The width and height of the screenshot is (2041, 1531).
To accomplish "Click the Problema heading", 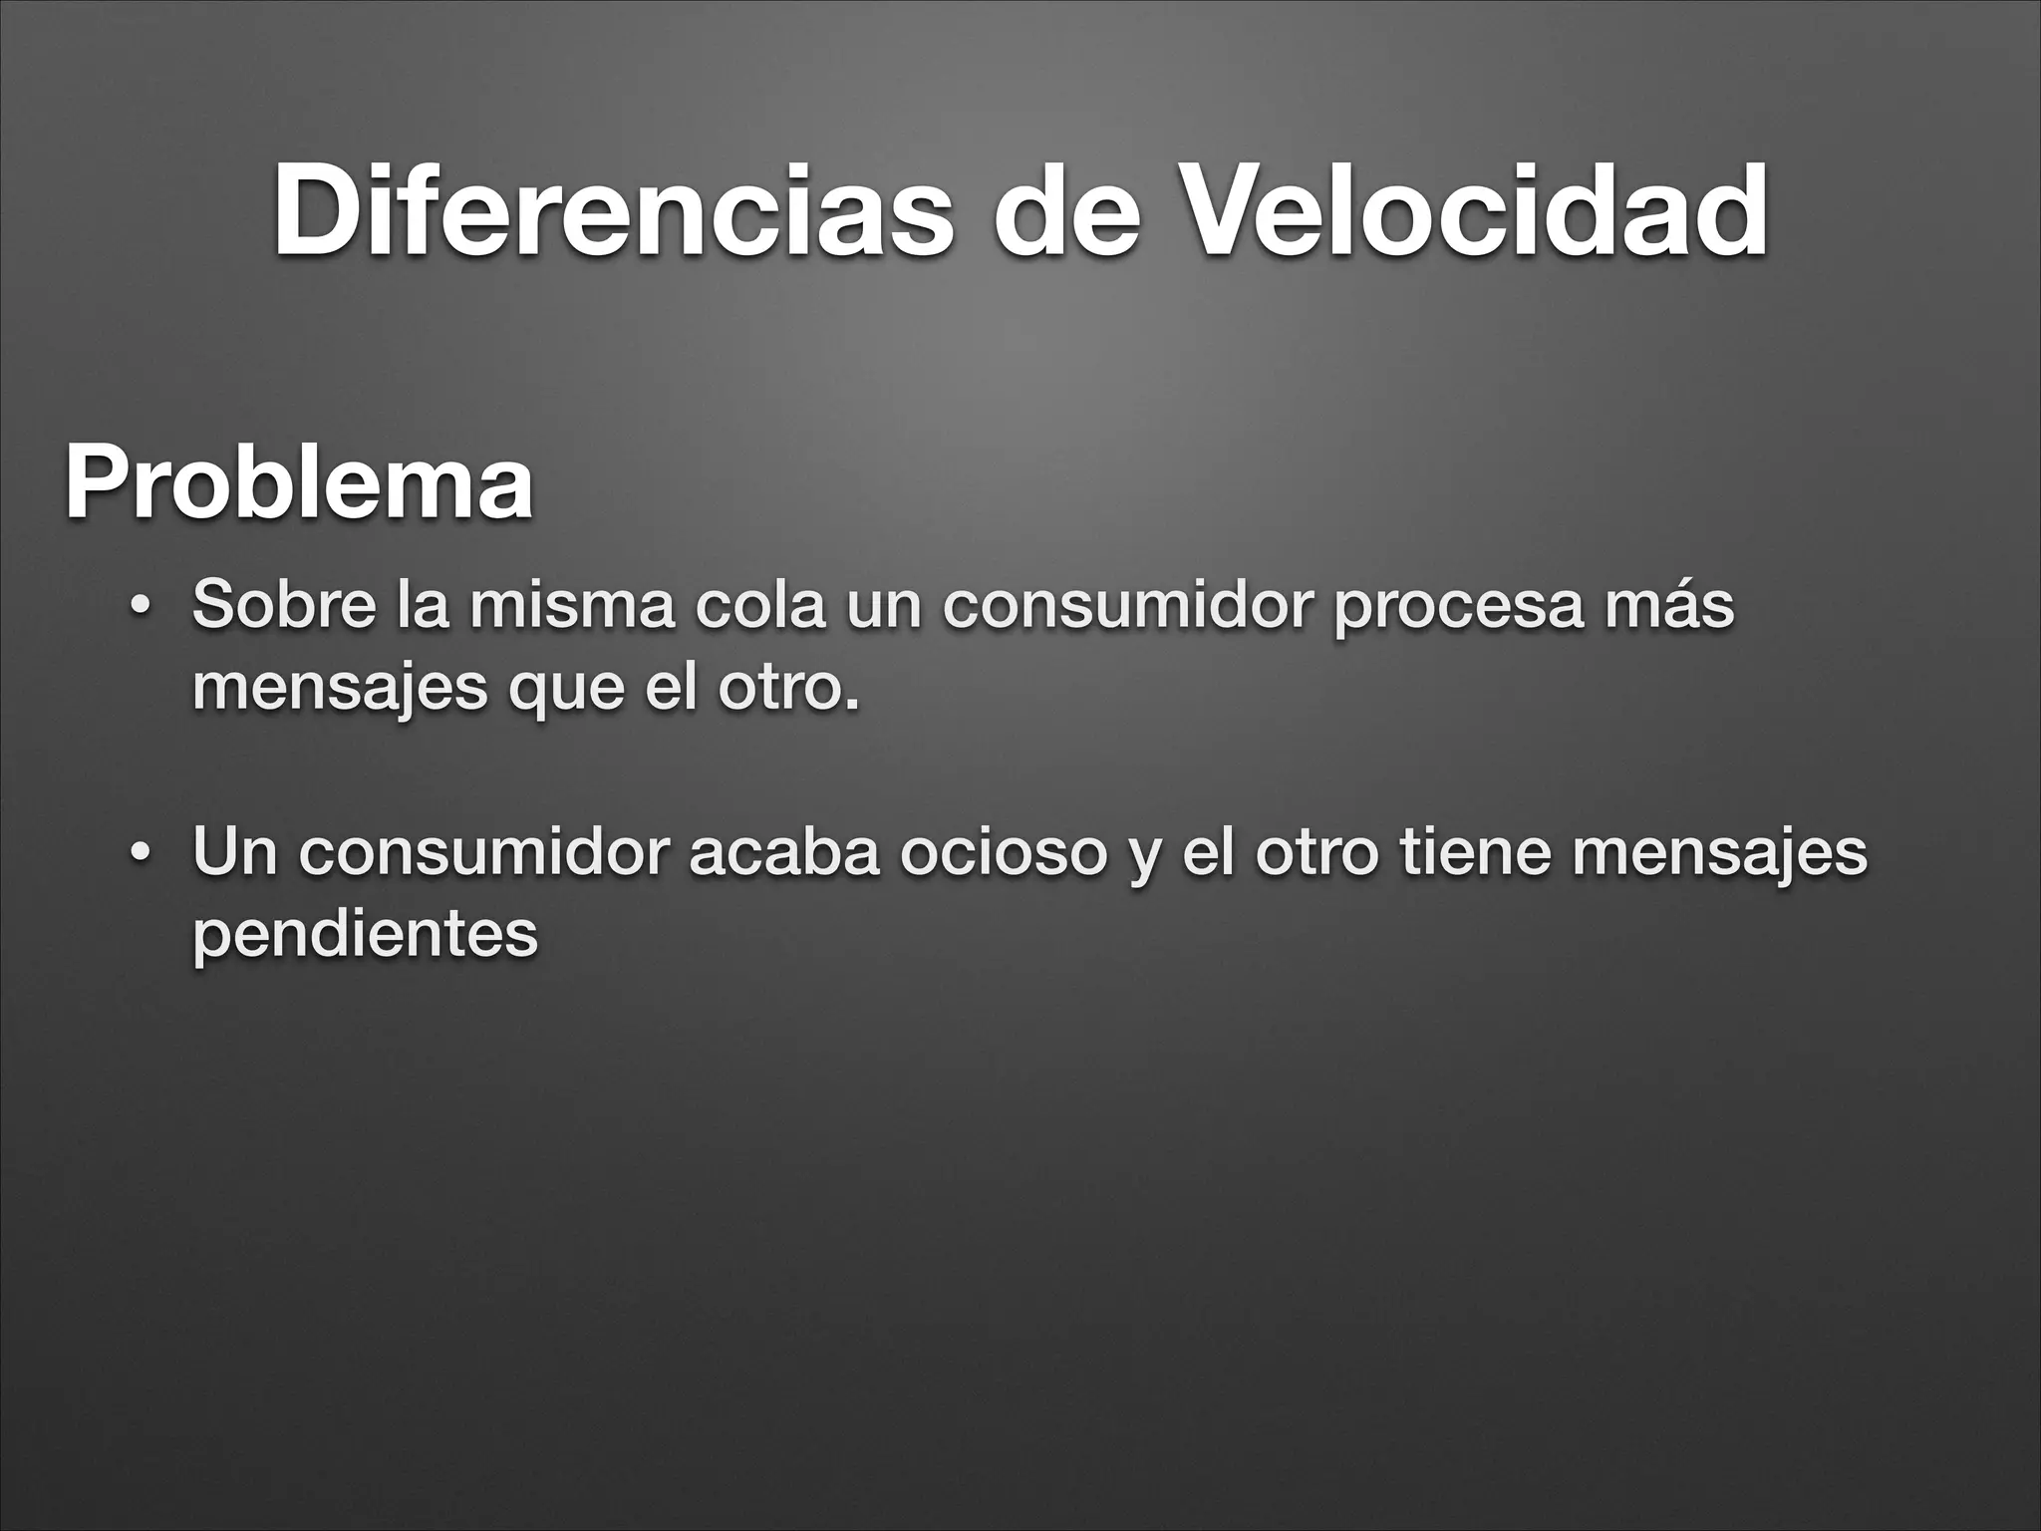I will tap(299, 484).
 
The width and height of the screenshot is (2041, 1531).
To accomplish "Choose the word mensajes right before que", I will tap(340, 690).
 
